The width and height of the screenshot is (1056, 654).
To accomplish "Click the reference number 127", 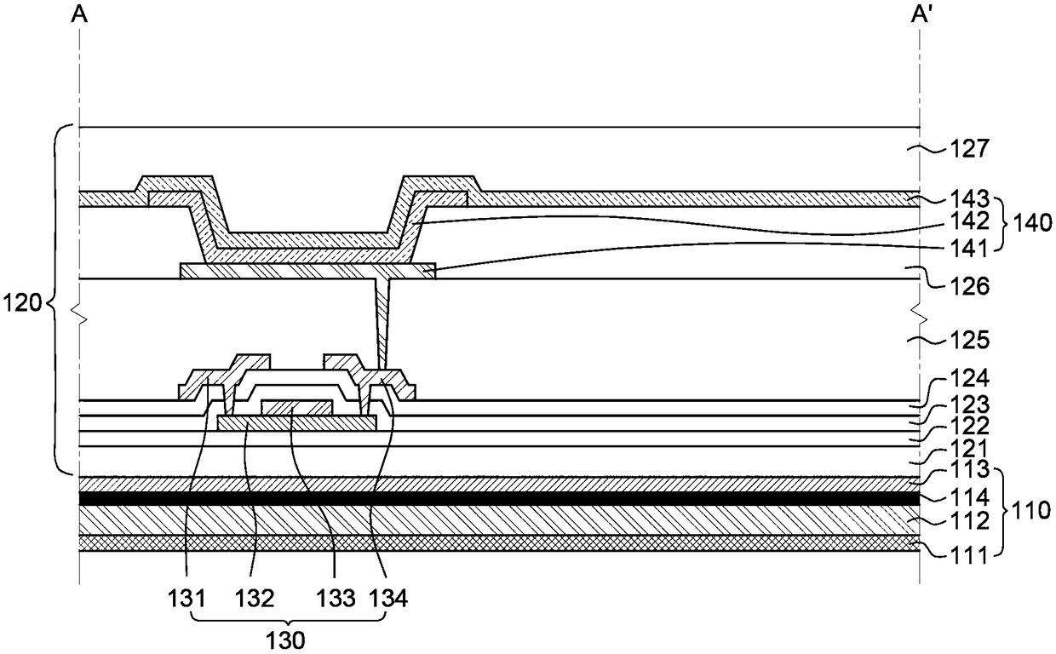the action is pos(969,149).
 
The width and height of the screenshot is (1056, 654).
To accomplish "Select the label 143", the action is pos(969,199).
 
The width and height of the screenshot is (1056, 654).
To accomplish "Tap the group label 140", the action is pos(1031,222).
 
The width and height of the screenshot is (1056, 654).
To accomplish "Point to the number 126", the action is pos(969,286).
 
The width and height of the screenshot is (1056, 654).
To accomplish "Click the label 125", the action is pos(969,340).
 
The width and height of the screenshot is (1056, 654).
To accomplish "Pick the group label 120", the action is pos(21,302).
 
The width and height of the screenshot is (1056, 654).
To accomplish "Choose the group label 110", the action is pos(1030,511).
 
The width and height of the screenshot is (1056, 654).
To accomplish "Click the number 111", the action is pos(969,556).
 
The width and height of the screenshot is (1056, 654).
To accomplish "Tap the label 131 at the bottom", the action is pos(187,599).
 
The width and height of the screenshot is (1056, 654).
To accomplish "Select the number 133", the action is pos(336,599).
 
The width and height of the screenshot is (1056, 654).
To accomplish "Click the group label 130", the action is pos(285,640).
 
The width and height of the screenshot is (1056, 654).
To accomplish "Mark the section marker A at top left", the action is pos(79,15).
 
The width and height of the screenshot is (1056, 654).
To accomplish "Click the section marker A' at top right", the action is pos(921,15).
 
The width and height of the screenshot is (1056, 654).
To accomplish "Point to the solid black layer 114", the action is pos(500,498).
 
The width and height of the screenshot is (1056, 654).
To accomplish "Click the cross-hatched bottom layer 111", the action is pos(500,542).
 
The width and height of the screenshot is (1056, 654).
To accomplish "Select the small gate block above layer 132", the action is pos(297,408).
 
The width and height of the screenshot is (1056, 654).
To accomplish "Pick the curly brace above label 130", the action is pos(289,618).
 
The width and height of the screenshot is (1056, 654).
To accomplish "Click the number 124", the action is pos(969,378).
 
